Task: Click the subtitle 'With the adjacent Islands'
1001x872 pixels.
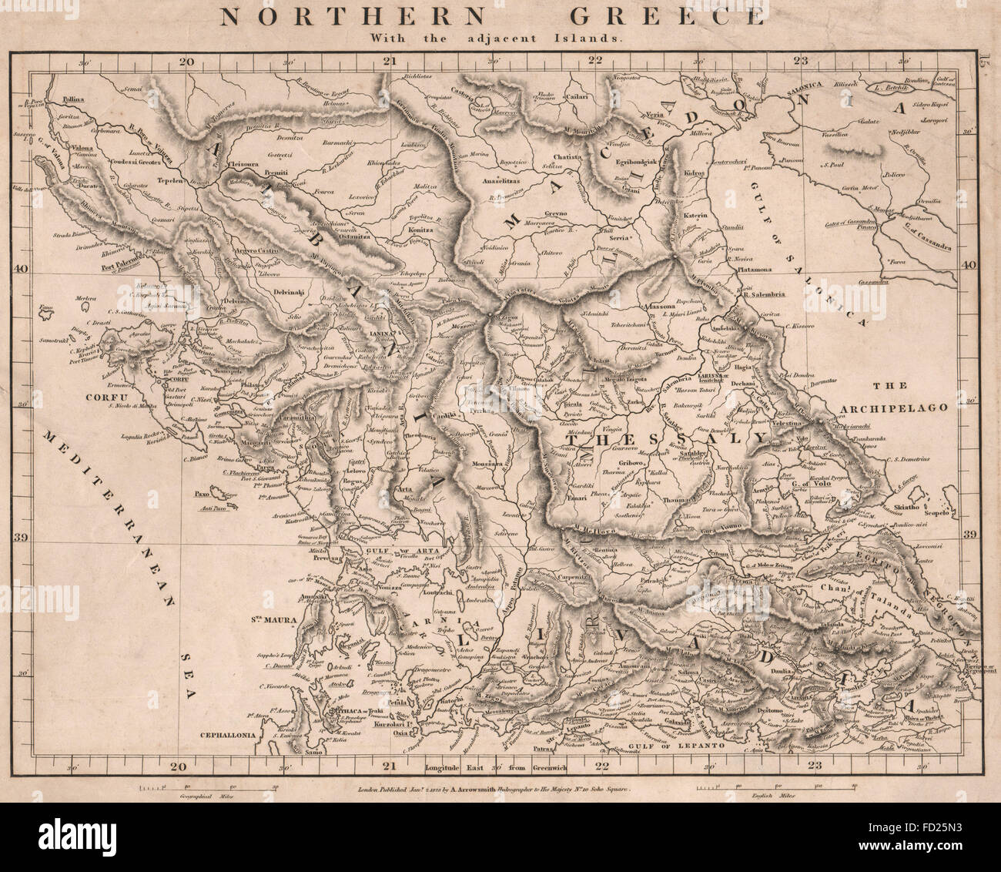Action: (499, 36)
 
